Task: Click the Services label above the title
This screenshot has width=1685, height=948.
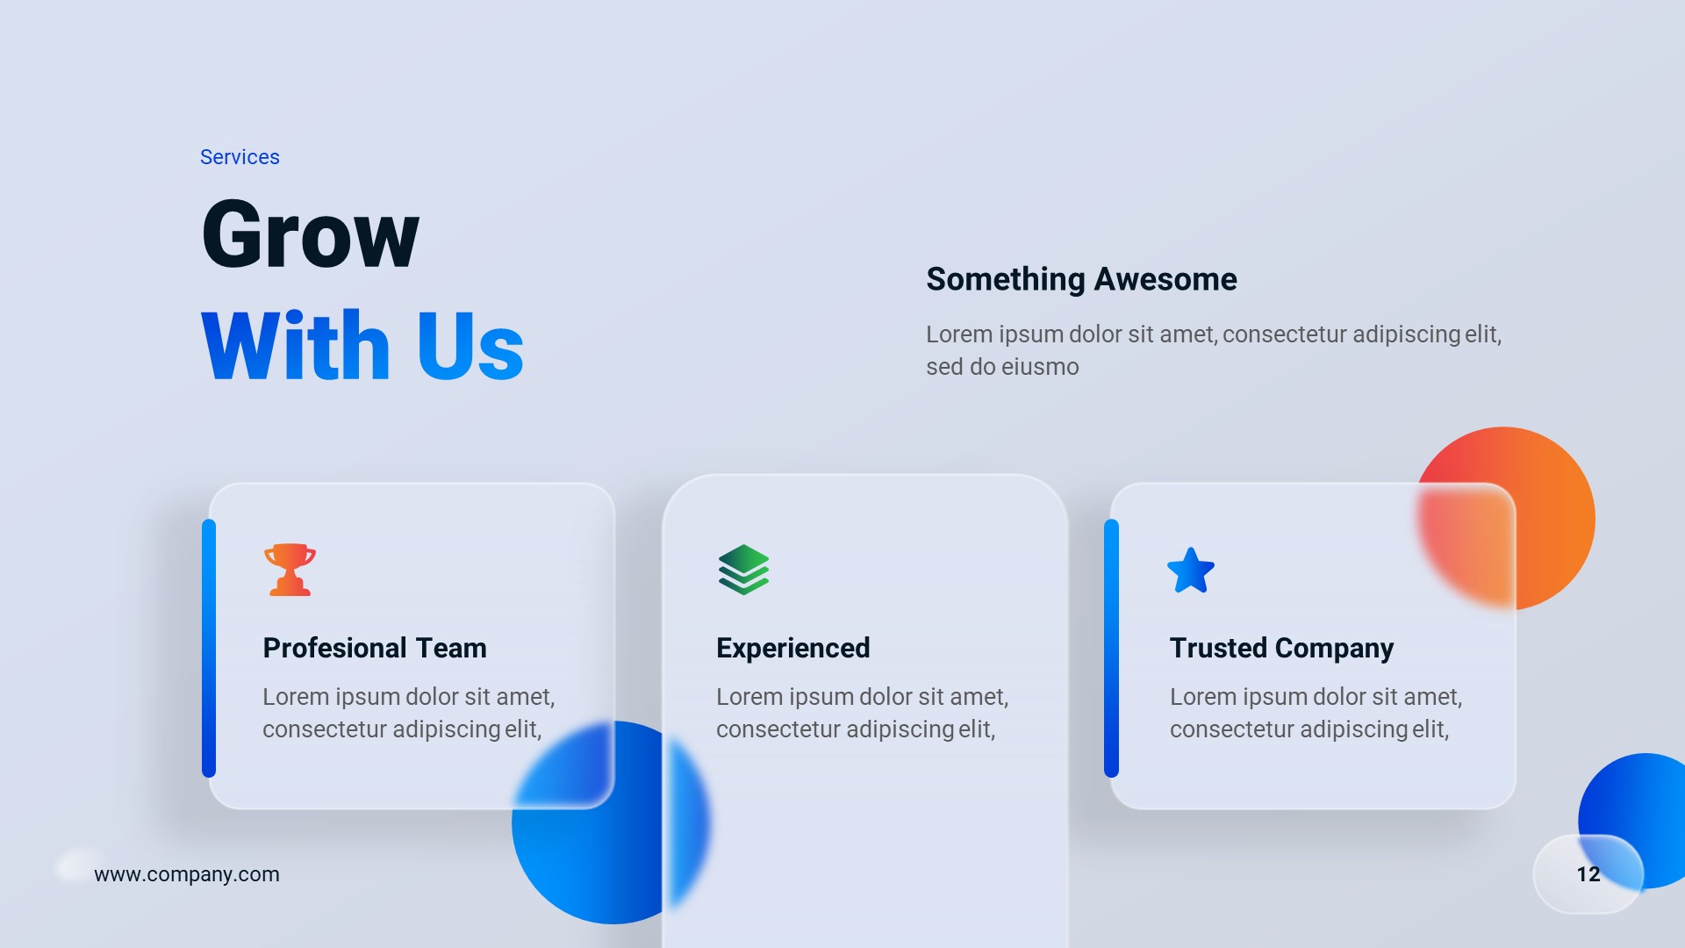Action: (x=240, y=157)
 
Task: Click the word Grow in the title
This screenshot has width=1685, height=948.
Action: (x=311, y=234)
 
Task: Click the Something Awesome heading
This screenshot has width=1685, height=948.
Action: (x=1081, y=279)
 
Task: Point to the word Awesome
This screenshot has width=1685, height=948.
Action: (x=1165, y=279)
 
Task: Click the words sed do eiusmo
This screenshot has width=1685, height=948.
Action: (x=1002, y=367)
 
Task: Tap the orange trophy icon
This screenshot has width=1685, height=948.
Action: (x=290, y=570)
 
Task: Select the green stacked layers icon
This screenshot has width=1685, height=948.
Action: (x=743, y=570)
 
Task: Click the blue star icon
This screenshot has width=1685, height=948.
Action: (x=1191, y=571)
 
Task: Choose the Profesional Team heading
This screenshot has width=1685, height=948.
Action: (x=375, y=648)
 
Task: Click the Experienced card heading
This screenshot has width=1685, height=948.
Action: (x=792, y=648)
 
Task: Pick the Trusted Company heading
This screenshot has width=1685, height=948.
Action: (x=1281, y=648)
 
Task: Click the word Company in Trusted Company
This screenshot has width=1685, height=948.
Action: (x=1334, y=648)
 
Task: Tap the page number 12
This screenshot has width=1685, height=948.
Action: (x=1588, y=874)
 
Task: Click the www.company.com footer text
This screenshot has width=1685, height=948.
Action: (x=187, y=874)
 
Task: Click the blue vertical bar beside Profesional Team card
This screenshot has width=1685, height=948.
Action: (x=209, y=648)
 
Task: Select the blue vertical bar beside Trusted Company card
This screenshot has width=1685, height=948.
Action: (x=1111, y=648)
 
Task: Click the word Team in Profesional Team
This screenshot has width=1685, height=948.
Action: (x=451, y=648)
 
